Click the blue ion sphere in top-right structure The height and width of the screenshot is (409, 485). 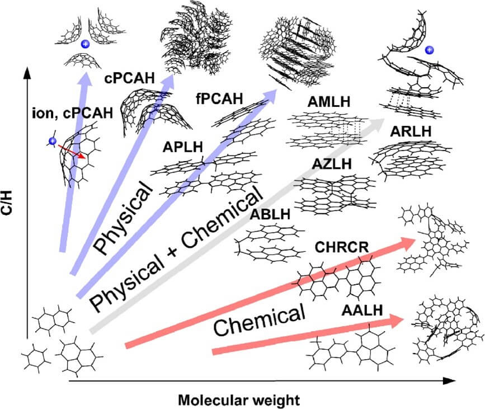point(429,51)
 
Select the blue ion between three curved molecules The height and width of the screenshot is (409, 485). point(85,44)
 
